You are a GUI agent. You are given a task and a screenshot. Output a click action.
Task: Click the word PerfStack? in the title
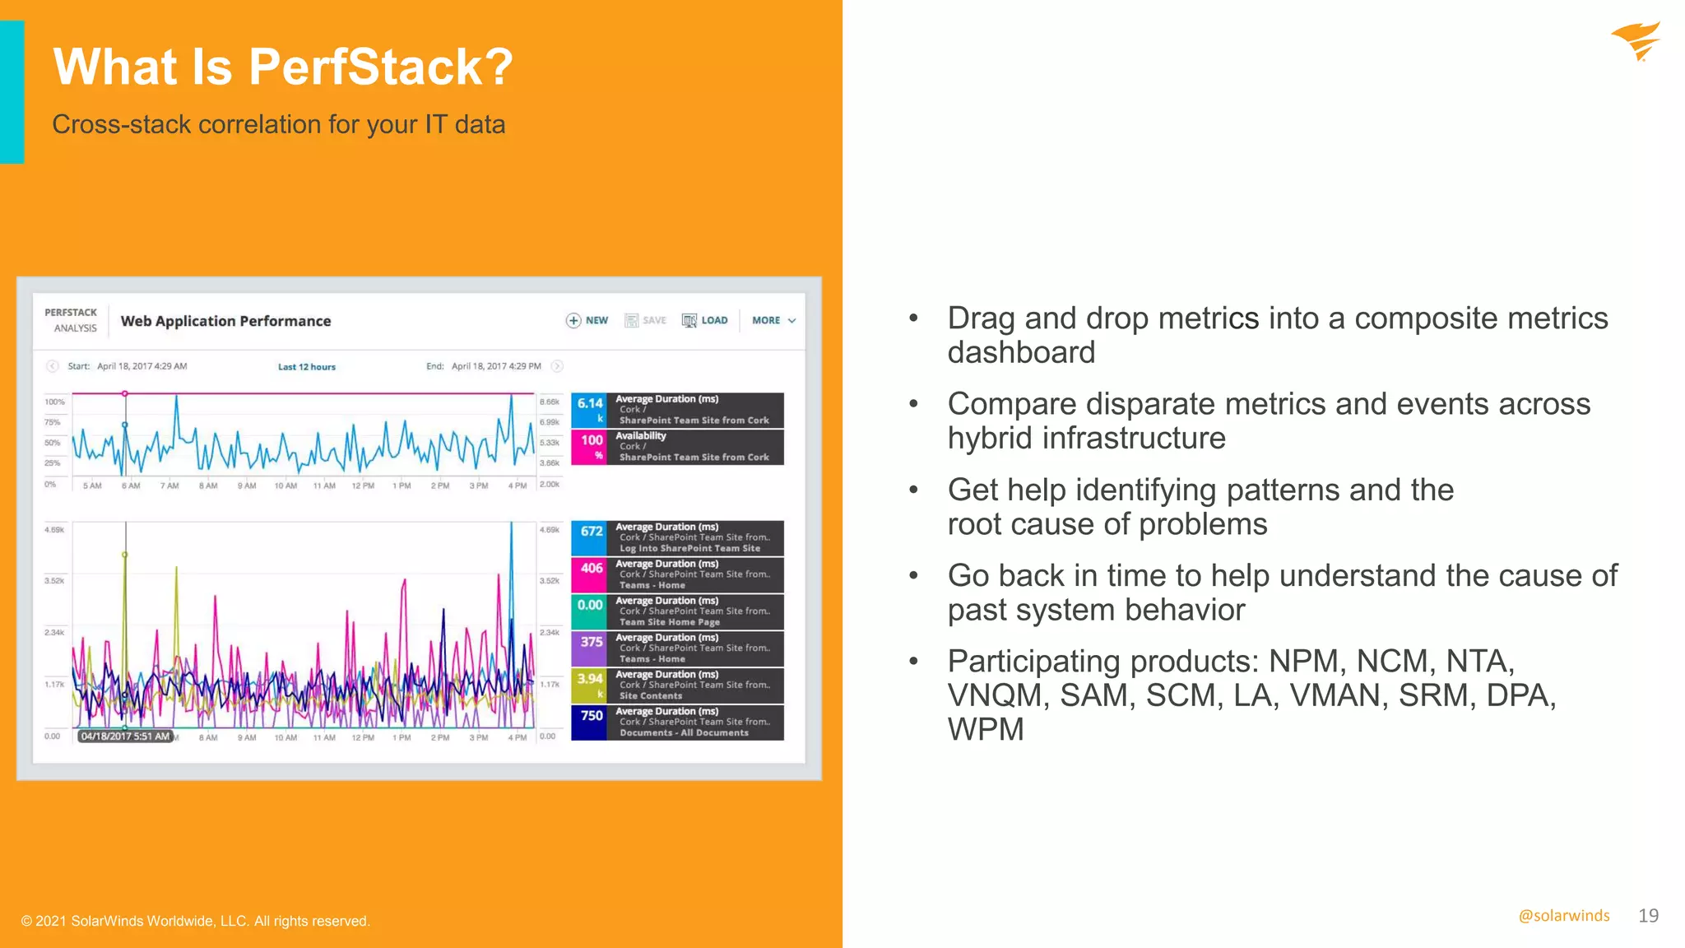pyautogui.click(x=380, y=67)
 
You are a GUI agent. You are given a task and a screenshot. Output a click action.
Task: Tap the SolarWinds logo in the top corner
pyautogui.click(x=1636, y=41)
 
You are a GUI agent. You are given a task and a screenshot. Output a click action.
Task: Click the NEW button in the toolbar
pyautogui.click(x=587, y=320)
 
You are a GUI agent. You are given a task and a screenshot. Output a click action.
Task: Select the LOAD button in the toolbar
pyautogui.click(x=705, y=320)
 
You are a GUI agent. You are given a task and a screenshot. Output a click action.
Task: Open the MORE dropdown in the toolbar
pyautogui.click(x=773, y=320)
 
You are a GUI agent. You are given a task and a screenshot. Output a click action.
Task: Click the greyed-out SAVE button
pyautogui.click(x=646, y=320)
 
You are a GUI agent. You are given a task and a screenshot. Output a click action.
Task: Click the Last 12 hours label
pyautogui.click(x=307, y=367)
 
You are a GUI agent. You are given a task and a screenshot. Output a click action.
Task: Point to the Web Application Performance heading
pyautogui.click(x=225, y=321)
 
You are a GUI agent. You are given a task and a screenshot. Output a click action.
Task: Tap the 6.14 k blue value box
pyautogui.click(x=590, y=409)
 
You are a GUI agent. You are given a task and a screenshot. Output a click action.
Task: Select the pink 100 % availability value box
pyautogui.click(x=590, y=446)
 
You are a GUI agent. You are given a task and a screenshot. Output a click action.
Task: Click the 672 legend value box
pyautogui.click(x=590, y=537)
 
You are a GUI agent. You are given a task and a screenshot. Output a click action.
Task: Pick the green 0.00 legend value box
pyautogui.click(x=590, y=611)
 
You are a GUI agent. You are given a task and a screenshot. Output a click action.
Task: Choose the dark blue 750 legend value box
pyautogui.click(x=590, y=722)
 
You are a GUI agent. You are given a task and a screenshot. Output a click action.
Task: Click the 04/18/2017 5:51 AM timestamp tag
pyautogui.click(x=125, y=737)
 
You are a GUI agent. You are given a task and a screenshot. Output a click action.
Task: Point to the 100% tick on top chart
pyautogui.click(x=55, y=402)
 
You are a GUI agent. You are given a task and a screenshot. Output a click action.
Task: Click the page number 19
pyautogui.click(x=1648, y=916)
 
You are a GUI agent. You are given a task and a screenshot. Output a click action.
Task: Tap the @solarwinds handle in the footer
pyautogui.click(x=1563, y=916)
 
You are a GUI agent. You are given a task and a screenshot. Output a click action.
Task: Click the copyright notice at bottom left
pyautogui.click(x=196, y=921)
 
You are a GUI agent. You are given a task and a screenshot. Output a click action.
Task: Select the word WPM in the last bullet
pyautogui.click(x=986, y=730)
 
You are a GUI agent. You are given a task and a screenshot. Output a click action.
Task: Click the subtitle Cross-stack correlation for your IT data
pyautogui.click(x=278, y=124)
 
